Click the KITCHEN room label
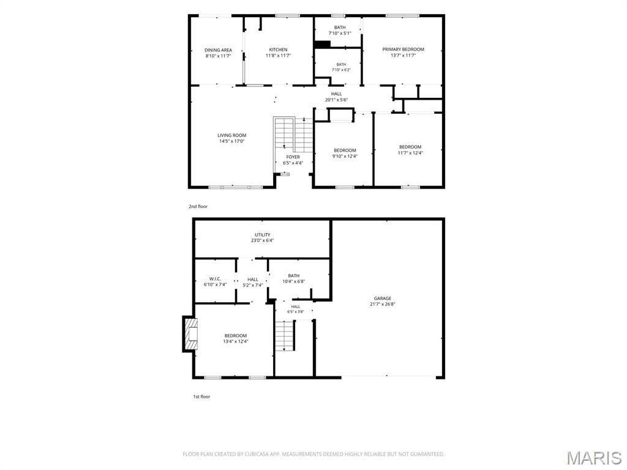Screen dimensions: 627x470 (x=278, y=50)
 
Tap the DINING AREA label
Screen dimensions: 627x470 (x=219, y=50)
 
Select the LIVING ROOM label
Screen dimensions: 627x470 (x=232, y=135)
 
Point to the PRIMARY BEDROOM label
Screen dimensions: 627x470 (x=403, y=49)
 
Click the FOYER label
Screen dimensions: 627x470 (x=293, y=157)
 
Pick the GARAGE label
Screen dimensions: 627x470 (x=383, y=298)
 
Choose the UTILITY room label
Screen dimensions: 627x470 (x=262, y=234)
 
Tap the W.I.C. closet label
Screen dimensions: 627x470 (x=215, y=278)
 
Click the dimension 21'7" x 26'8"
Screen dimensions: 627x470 (x=383, y=304)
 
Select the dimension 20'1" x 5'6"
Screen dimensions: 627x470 (x=336, y=100)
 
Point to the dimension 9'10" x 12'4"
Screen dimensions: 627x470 (x=345, y=156)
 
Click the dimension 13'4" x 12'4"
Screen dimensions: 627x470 (x=236, y=341)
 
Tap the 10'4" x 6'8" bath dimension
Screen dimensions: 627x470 (x=294, y=282)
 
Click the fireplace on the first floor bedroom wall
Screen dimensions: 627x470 (x=190, y=334)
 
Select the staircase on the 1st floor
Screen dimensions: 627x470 (x=285, y=336)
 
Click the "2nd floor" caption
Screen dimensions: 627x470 (x=198, y=207)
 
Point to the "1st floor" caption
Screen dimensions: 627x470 (x=201, y=397)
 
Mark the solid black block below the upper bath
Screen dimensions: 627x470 (x=322, y=44)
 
